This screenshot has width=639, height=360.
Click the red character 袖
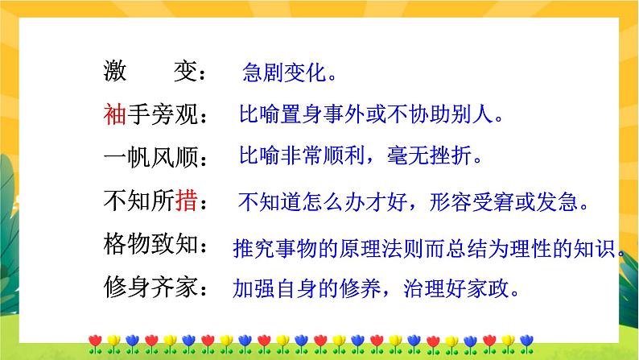[114, 115]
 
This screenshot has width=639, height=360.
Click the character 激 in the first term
[114, 73]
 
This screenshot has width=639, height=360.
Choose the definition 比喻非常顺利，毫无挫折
[361, 156]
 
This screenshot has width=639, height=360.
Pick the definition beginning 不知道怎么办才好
[414, 201]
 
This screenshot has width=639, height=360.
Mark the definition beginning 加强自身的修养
[375, 287]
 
